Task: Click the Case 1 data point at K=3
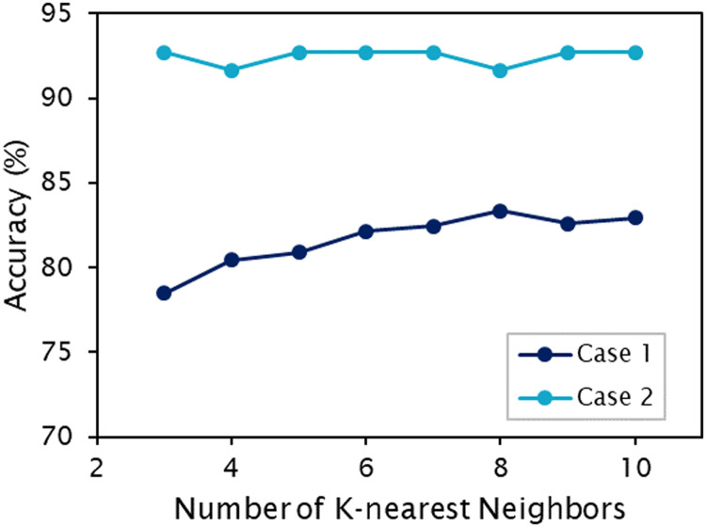164,293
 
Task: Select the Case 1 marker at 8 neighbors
500,211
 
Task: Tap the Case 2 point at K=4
231,71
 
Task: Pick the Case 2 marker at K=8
500,71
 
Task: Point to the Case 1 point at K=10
634,217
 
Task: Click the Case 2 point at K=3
164,53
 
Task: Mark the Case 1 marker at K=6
365,231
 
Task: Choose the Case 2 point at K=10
634,53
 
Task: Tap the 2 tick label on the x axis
96,468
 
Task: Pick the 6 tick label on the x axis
365,468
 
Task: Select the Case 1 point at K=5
298,252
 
